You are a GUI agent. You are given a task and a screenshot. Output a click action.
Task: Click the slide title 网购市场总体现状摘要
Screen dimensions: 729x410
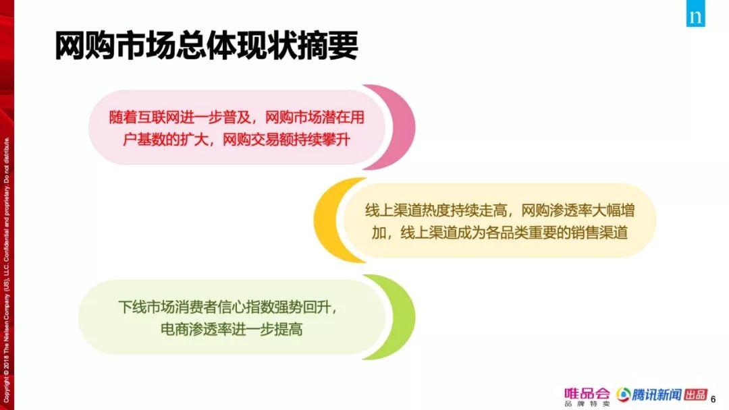[207, 45]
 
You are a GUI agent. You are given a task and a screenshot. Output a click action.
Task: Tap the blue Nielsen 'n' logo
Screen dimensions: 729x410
[695, 13]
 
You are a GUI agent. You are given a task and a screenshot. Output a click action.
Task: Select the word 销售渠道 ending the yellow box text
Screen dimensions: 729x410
[599, 232]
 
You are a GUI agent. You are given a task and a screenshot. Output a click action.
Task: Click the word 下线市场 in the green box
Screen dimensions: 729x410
[146, 307]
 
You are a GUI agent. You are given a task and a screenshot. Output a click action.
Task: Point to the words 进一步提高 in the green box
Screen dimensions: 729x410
[267, 329]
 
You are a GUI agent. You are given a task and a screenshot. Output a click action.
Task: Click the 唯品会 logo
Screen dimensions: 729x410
[587, 396]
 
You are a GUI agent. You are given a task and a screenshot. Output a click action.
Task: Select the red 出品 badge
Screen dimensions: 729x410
[696, 394]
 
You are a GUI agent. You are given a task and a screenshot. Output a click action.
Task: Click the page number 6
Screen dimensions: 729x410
[713, 399]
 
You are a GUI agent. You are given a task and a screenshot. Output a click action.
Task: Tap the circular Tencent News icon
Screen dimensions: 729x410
[624, 394]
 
